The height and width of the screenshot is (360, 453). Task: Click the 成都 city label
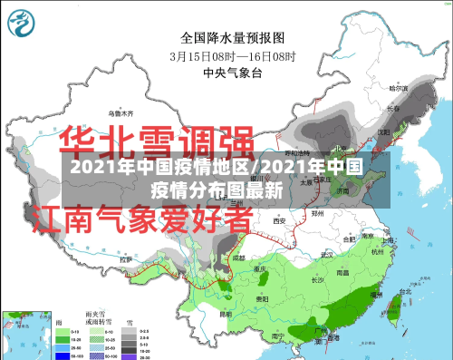[237, 257]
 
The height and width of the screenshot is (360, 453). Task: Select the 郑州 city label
[317, 215]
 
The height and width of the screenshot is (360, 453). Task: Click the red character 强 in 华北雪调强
[227, 142]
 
